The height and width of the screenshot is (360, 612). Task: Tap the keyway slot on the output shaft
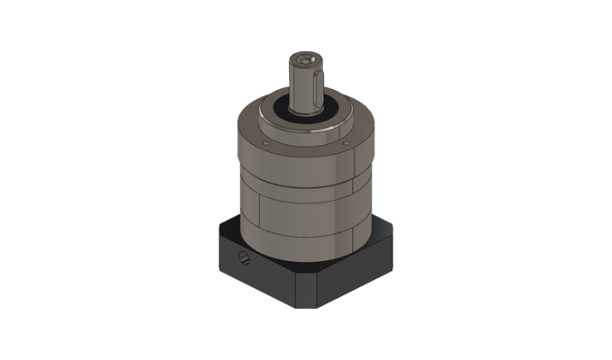tap(311, 85)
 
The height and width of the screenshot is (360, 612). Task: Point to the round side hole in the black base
tap(244, 259)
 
